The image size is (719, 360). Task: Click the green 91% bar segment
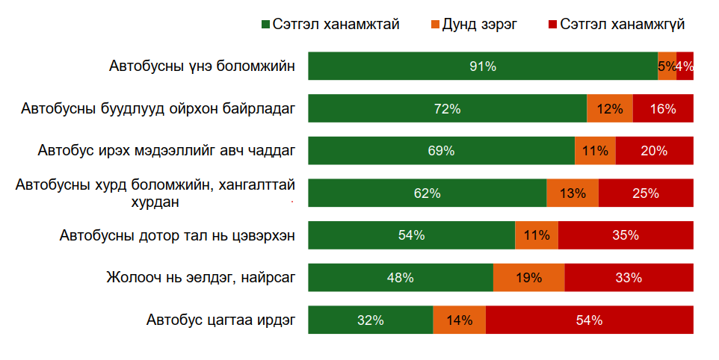(x=483, y=66)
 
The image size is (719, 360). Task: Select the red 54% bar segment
(x=589, y=320)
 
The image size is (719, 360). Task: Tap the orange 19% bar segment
(x=528, y=278)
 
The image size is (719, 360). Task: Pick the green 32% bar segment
(x=371, y=320)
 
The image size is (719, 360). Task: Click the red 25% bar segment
(x=645, y=193)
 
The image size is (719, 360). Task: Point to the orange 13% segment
(x=572, y=193)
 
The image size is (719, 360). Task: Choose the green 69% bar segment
(x=441, y=151)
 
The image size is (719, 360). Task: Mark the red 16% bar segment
(x=663, y=109)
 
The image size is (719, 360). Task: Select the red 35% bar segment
(x=626, y=235)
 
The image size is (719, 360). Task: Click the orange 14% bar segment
(x=459, y=320)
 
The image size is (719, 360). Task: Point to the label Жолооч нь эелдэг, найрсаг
(x=201, y=279)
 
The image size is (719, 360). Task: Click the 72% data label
(x=447, y=109)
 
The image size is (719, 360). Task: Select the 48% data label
(x=401, y=278)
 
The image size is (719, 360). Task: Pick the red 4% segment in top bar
(x=685, y=66)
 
